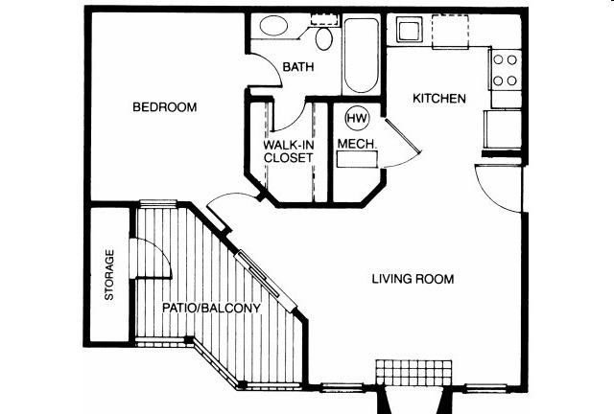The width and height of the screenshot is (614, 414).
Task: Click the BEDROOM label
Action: point(164,106)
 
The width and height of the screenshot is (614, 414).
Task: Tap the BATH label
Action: point(298,67)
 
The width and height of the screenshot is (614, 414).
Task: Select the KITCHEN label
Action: point(439,98)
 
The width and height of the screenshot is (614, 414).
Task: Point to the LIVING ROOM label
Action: point(413,279)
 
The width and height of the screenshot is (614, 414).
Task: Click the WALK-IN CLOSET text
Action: point(289,151)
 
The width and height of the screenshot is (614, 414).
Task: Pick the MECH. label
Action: point(357,144)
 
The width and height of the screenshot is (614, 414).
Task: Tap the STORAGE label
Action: point(109,275)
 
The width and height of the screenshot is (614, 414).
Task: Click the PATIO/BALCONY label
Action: point(211,308)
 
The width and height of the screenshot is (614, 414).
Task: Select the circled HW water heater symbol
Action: point(357,118)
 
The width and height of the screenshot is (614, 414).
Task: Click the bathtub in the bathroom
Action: point(362,54)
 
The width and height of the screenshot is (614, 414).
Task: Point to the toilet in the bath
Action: point(324,38)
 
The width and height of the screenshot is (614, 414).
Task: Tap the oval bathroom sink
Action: point(273,25)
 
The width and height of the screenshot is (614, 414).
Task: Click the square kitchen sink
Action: point(410,30)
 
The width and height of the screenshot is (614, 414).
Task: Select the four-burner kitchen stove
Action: point(506,70)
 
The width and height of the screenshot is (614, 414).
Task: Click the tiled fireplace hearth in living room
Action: point(413,373)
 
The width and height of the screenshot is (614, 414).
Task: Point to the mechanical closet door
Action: point(403,135)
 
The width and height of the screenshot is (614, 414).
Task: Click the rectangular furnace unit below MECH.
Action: point(358,160)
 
